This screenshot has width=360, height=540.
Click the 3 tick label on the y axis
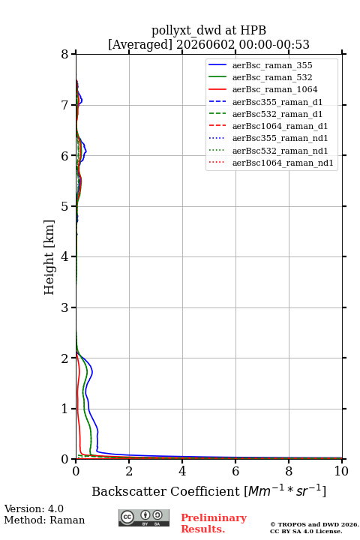[x=64, y=307]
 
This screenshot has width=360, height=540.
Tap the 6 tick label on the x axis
[x=235, y=471]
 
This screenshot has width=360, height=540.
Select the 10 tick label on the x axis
[x=341, y=471]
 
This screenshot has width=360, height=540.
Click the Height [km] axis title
[x=49, y=257]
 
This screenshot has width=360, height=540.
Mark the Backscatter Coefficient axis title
[x=208, y=490]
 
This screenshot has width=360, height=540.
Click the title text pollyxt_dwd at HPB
[x=208, y=30]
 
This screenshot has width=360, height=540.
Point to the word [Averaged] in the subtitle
[x=139, y=44]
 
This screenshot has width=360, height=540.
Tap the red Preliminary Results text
[x=214, y=523]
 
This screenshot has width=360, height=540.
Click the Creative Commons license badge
[x=144, y=517]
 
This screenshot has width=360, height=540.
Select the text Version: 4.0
[x=34, y=508]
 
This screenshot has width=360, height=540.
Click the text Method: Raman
[x=44, y=520]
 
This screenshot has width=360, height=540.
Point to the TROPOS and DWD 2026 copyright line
[x=314, y=524]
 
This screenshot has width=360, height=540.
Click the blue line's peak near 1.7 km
[x=92, y=372]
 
